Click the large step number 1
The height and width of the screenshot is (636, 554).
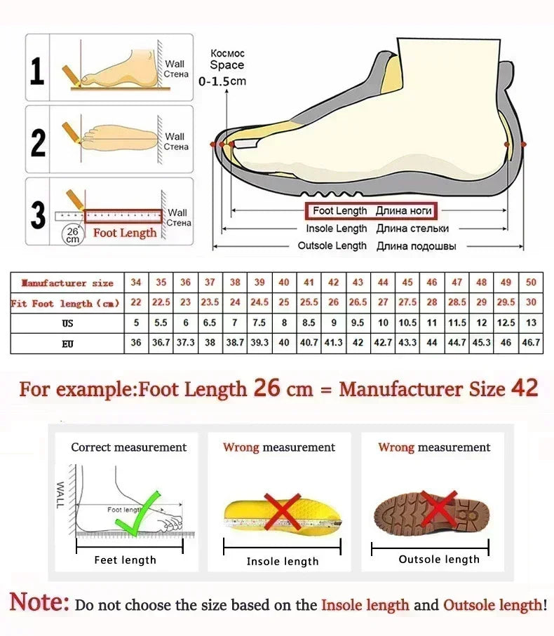(38, 71)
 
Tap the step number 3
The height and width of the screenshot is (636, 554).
(38, 216)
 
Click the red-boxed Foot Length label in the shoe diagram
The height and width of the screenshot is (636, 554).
(370, 211)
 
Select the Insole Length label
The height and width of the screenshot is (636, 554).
(336, 229)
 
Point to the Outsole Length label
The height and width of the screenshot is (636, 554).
(332, 246)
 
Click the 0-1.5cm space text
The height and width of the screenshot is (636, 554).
(222, 81)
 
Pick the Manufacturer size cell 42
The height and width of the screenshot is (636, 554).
(333, 283)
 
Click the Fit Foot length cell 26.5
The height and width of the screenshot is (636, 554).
(358, 303)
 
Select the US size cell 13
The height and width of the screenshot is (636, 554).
(531, 323)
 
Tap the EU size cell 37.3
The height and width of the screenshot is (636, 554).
(185, 343)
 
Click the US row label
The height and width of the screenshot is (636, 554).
(67, 324)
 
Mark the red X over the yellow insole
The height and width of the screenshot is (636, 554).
(282, 512)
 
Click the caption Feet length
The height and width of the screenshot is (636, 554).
(125, 560)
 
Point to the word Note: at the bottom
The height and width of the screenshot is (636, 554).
(40, 603)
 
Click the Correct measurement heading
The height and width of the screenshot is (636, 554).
(128, 447)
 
